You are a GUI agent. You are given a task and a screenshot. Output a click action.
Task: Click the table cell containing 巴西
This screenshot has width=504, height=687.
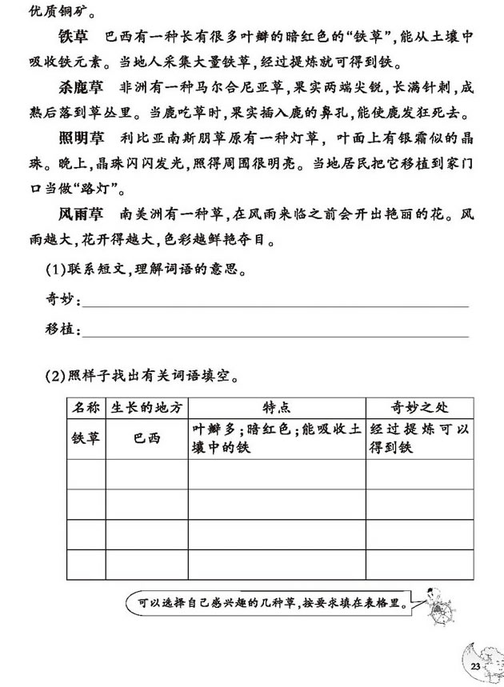tap(147, 439)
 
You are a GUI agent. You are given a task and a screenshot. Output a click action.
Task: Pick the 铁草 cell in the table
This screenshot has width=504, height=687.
tap(86, 439)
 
